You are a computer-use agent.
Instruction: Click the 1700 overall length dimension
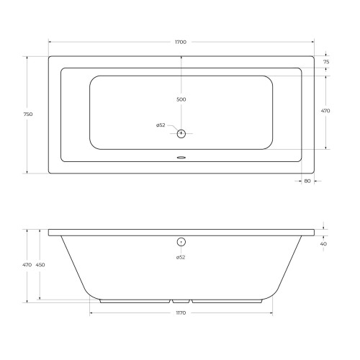181,42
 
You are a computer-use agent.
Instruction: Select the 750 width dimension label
28,114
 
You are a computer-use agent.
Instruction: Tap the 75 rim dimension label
326,62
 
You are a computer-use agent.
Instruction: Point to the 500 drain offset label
181,99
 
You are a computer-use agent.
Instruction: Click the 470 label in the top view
325,111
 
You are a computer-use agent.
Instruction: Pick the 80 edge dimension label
307,181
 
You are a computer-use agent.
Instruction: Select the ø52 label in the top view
161,125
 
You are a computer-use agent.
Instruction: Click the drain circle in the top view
181,133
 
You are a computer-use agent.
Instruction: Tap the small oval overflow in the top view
181,158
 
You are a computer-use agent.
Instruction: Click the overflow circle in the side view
181,242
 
